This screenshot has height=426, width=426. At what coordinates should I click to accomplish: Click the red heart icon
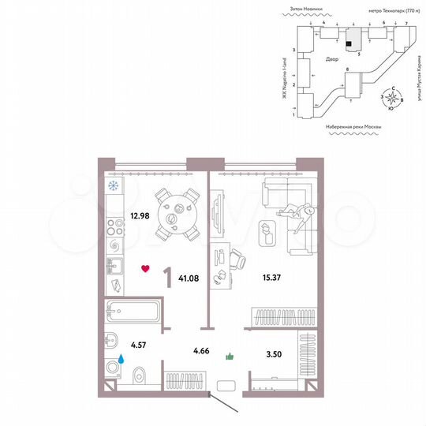[144, 269]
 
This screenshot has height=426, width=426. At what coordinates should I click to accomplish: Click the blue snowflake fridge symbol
[113, 186]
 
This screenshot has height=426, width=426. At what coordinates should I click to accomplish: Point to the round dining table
[174, 214]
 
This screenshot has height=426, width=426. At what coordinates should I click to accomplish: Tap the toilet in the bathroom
[139, 373]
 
